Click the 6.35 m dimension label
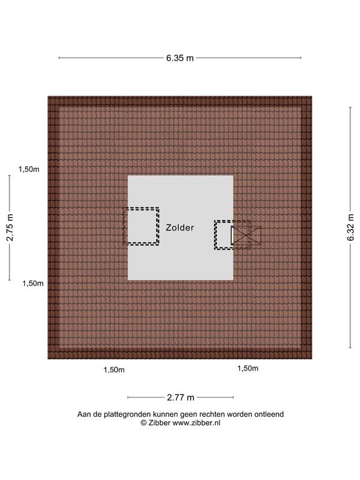coord(180,58)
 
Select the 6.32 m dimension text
coord(351,227)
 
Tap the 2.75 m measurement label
coord(10,227)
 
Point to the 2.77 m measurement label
coord(181,397)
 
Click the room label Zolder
coord(180,227)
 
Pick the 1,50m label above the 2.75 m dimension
coord(29,169)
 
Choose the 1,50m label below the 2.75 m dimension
coord(32,284)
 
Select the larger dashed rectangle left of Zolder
coord(141,226)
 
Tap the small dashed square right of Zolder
coord(224,235)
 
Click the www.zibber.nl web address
coord(196,422)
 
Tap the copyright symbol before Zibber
coord(144,422)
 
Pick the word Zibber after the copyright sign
coord(159,422)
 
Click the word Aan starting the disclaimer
coord(83,414)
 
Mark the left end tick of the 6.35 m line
coord(59,57)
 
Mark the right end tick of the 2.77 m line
coord(233,397)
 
